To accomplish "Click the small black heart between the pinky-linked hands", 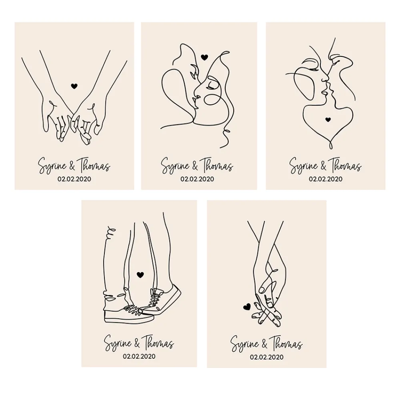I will point(74,86).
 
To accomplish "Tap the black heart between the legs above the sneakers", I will point(140,274).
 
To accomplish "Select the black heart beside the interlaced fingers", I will point(247,307).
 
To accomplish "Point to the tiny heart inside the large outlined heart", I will point(328,119).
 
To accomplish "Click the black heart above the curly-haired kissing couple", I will point(204,57).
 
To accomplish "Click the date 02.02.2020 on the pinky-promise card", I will point(74,179).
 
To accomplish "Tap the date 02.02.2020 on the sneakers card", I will point(139,356).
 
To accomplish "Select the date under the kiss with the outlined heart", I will point(325,179).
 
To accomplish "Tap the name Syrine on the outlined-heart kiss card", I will point(303,166).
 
